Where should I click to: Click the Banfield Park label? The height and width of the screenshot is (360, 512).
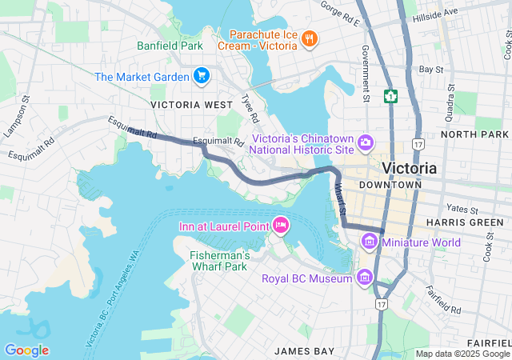pyautogui.click(x=170, y=46)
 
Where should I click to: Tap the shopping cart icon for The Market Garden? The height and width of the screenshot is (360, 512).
pyautogui.click(x=202, y=76)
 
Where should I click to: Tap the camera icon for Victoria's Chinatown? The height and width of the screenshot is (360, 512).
pyautogui.click(x=366, y=142)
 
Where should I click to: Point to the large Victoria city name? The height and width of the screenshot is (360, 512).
pyautogui.click(x=410, y=168)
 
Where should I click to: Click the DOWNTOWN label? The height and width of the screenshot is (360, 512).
pyautogui.click(x=390, y=185)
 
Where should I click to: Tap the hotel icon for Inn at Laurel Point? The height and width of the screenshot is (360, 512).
pyautogui.click(x=281, y=226)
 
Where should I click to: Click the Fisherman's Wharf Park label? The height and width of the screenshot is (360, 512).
pyautogui.click(x=219, y=261)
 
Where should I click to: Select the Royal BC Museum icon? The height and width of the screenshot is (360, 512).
pyautogui.click(x=365, y=278)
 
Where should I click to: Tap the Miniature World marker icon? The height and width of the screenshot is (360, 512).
pyautogui.click(x=370, y=242)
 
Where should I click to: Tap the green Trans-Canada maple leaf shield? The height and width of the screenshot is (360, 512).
pyautogui.click(x=391, y=97)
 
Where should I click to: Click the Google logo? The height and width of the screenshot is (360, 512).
pyautogui.click(x=26, y=350)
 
